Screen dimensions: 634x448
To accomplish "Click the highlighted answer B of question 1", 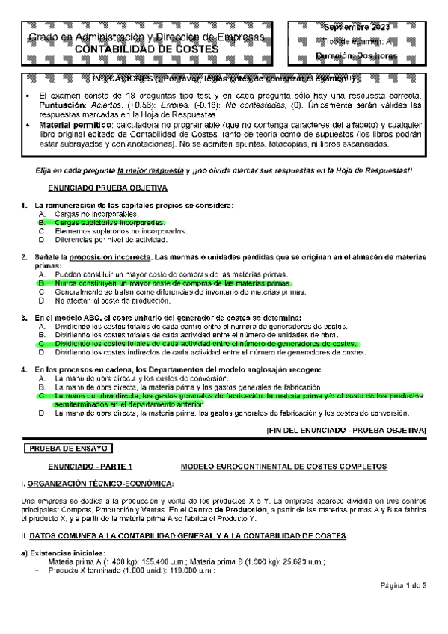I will coord(111,223).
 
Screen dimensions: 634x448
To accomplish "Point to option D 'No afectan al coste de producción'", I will coord(113,301).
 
